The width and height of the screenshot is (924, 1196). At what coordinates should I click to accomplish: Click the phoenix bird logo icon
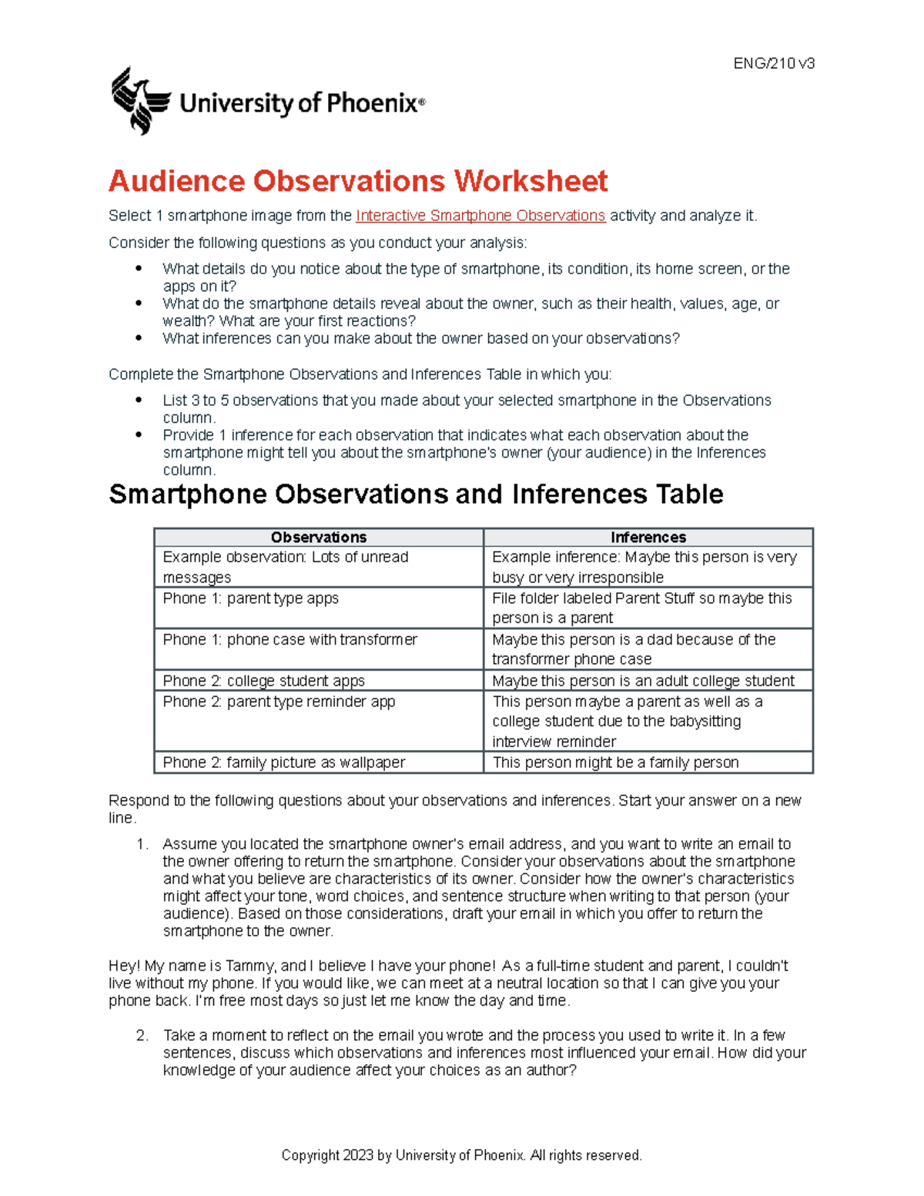coord(139,101)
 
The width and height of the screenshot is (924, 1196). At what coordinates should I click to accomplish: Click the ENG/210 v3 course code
coord(774,64)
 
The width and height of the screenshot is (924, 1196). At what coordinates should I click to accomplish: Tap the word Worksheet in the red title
coord(531,182)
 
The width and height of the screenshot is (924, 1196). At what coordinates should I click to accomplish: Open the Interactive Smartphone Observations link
coord(480,216)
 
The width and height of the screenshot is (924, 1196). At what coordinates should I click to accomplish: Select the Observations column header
coord(318,538)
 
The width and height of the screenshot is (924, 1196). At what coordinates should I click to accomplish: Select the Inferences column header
coord(648,538)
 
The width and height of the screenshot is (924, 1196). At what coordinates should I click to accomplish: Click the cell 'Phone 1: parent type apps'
coord(250,598)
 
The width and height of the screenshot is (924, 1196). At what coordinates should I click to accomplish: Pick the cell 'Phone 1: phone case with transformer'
coord(290,640)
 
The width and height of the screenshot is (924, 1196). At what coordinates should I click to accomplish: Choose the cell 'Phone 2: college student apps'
coord(263,681)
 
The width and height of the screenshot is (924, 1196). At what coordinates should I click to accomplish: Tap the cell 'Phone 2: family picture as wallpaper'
coord(283,762)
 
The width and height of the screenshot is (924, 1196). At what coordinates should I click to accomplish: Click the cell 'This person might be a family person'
coord(615,762)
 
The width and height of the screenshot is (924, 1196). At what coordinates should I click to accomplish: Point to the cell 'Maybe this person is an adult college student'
coord(643,681)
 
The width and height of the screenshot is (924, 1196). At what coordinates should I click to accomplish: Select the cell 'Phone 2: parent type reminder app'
coord(279,702)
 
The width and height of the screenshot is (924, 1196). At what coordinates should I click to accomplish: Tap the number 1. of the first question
coord(142,845)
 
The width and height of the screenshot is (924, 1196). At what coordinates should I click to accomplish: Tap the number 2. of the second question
coord(142,1036)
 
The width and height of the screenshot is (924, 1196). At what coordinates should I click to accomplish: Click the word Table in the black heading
coord(689,494)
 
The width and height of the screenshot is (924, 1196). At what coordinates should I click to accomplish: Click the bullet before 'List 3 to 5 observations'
coord(139,400)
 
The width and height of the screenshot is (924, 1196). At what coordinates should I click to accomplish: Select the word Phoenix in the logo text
coord(372,103)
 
